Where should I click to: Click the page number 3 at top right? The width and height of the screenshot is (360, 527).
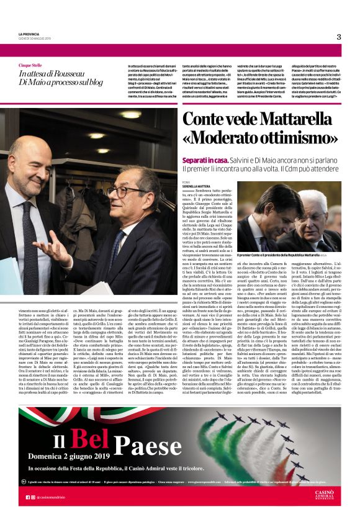click(339, 37)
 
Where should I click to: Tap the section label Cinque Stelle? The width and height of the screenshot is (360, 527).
click(30, 65)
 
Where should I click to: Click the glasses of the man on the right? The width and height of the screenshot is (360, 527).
click(135, 192)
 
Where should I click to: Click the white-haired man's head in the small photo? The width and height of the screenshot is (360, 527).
click(313, 210)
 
